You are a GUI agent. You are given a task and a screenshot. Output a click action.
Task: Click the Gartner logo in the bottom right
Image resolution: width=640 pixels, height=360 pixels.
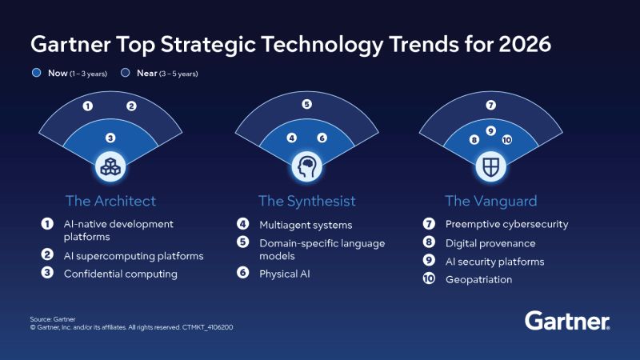point(567,322)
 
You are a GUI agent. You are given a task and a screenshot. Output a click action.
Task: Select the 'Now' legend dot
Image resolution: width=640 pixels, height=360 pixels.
point(36,74)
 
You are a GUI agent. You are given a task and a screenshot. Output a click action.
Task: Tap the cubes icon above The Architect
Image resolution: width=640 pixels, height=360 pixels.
point(110,166)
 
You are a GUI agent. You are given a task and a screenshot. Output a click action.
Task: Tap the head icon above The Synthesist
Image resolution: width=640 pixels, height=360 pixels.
point(306,166)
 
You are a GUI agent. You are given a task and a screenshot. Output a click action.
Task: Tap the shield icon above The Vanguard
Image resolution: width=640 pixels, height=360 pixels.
point(490,166)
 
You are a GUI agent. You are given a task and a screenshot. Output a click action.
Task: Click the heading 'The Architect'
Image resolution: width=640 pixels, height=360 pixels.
point(110,200)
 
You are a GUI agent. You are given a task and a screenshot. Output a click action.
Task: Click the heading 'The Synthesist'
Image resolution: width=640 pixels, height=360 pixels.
point(306,200)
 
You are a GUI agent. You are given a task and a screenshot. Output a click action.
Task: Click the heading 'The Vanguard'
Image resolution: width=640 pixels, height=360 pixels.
point(490,200)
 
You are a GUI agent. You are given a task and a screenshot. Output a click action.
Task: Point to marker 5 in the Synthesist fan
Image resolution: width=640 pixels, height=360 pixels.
point(306,104)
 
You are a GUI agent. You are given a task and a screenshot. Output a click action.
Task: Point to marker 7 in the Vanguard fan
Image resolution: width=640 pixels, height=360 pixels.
point(491,105)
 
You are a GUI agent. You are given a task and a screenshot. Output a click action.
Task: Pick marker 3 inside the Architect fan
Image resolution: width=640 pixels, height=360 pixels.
point(110,138)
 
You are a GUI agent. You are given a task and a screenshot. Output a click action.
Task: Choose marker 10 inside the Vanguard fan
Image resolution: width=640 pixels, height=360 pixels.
point(506,139)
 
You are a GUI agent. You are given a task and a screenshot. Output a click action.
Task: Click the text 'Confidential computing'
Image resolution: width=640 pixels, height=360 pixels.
point(120,274)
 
